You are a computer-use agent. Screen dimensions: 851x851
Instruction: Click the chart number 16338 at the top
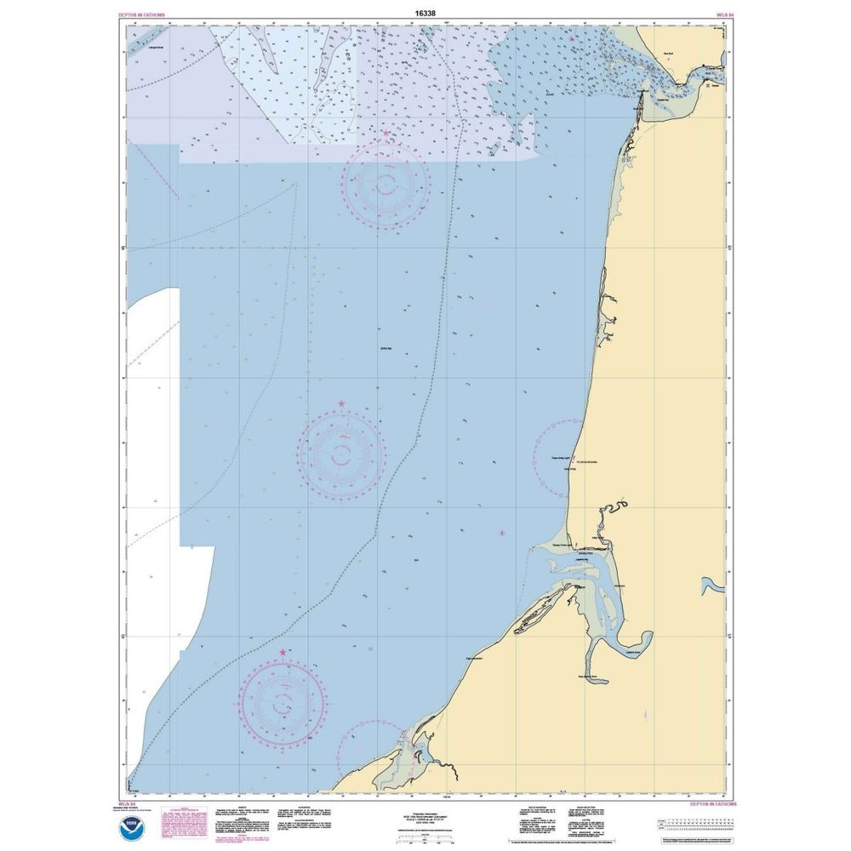(425, 14)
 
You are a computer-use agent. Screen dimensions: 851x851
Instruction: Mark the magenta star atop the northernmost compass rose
(386, 134)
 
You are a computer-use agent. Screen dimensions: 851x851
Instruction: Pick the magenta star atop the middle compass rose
(342, 403)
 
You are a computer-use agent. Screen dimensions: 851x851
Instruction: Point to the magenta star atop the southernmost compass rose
(283, 652)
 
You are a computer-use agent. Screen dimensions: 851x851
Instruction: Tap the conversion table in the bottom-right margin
(694, 823)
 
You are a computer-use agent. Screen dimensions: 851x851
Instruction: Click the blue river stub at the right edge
(710, 587)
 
